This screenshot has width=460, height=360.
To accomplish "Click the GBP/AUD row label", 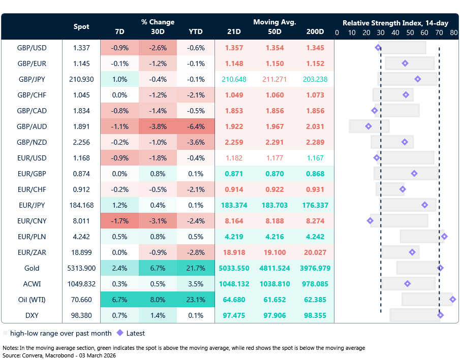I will (32, 126).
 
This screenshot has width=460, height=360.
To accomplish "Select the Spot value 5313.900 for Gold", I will (81, 268).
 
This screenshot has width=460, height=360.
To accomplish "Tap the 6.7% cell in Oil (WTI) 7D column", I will (119, 300).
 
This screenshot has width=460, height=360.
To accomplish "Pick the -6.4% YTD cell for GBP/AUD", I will (196, 126).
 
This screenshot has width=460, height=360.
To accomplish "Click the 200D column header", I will (315, 31).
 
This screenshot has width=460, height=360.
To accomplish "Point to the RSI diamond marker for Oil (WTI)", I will (452, 300).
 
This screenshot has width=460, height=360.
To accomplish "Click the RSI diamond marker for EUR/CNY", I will (370, 221).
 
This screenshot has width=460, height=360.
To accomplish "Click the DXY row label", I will (32, 315).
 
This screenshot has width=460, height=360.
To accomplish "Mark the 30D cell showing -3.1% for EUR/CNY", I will (158, 221).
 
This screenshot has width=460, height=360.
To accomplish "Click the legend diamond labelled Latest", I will (120, 333).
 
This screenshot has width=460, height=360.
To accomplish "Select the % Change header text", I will (158, 22).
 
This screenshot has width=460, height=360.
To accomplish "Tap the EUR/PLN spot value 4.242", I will (81, 237).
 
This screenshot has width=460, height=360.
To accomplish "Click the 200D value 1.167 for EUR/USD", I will (315, 158).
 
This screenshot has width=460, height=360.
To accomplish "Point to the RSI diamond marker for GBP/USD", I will (378, 48).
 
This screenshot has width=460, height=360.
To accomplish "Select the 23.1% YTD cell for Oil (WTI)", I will (196, 300).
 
